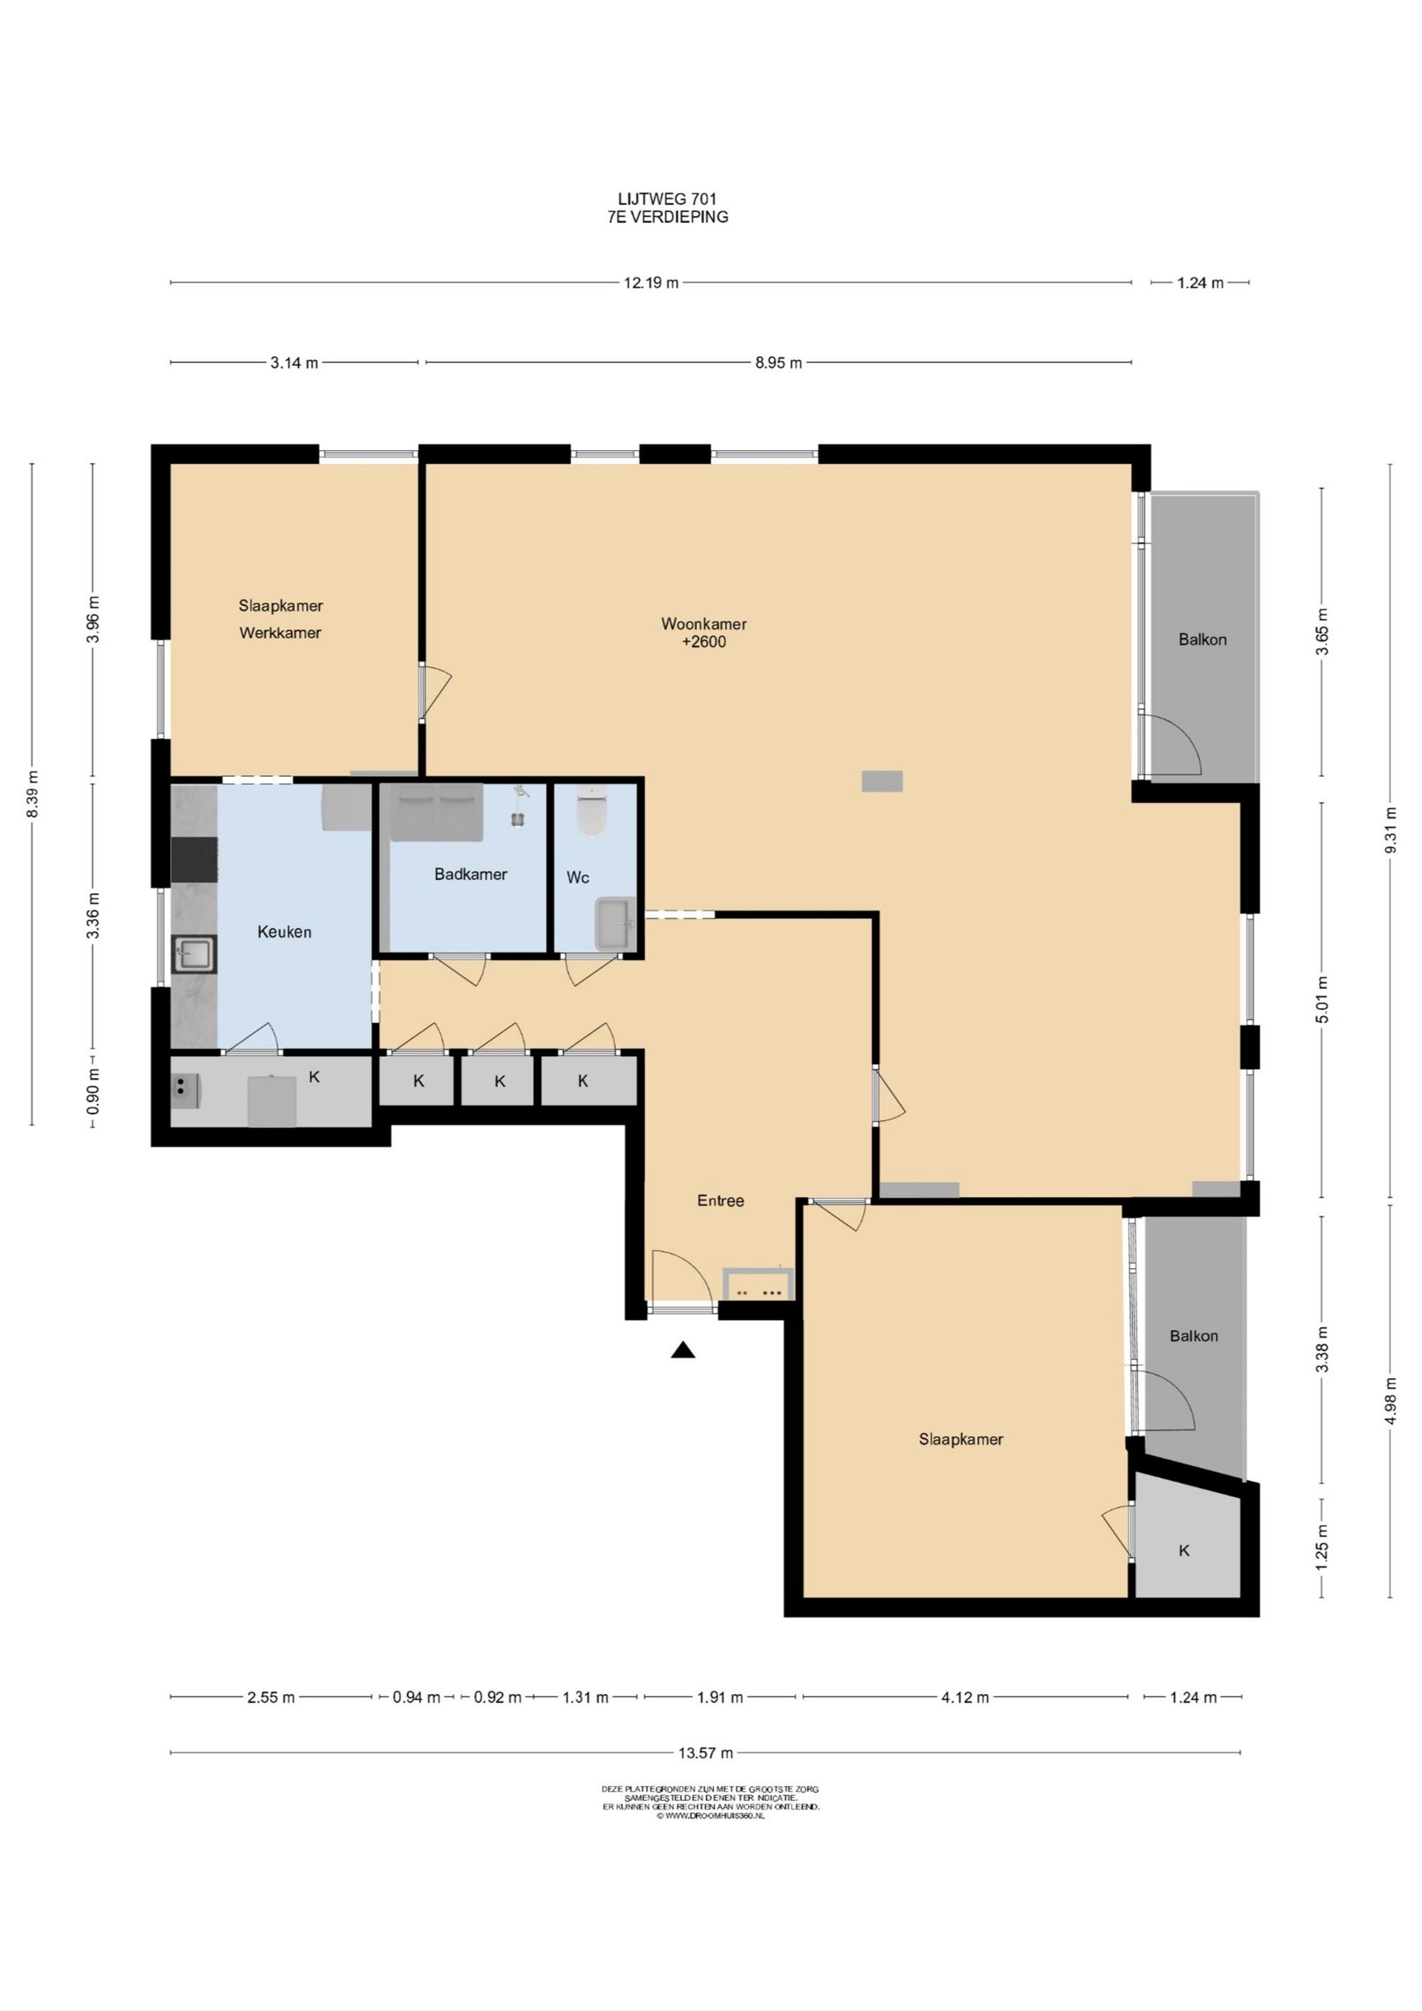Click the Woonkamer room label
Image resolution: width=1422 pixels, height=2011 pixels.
tap(704, 624)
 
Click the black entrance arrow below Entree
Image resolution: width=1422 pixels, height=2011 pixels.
tap(683, 1350)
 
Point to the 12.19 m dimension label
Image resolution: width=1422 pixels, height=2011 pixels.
tap(651, 283)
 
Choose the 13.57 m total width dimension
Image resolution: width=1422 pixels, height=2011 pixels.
tap(705, 1752)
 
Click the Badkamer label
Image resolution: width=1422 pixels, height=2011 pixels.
tap(471, 873)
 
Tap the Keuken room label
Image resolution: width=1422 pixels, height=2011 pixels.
tap(284, 932)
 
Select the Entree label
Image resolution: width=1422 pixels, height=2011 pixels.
tap(720, 1201)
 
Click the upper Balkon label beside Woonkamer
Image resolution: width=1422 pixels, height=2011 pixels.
tap(1202, 640)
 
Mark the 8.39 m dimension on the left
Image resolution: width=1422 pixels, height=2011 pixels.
tap(32, 794)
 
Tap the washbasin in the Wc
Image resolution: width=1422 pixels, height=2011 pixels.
tap(615, 924)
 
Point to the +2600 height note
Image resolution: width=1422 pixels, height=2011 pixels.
tap(704, 642)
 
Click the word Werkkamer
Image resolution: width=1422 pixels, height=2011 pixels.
tap(280, 632)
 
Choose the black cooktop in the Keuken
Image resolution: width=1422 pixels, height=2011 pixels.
tap(194, 859)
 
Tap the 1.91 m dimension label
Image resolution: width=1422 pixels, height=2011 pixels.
tap(720, 1697)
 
